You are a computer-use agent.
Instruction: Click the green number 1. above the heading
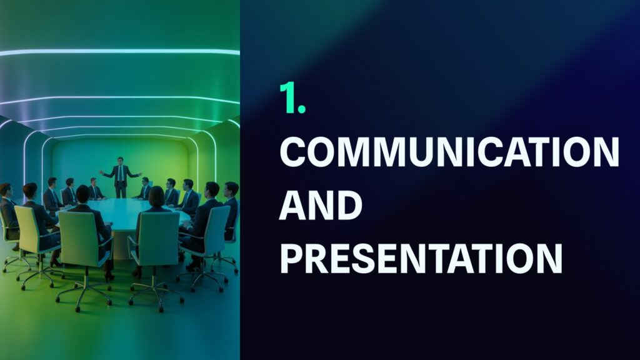[x=292, y=99]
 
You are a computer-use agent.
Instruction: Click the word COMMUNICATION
[x=449, y=152]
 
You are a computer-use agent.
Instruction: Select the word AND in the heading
[x=321, y=206]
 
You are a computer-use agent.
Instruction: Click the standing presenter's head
[x=121, y=161]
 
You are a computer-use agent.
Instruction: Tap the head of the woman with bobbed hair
[x=156, y=196]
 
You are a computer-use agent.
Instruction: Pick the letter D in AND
[x=349, y=206]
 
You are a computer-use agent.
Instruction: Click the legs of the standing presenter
[x=121, y=190]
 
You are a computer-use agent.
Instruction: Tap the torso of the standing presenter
[x=121, y=175]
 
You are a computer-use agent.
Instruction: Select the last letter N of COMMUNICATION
[x=604, y=152]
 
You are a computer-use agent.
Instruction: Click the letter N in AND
[x=321, y=206]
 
